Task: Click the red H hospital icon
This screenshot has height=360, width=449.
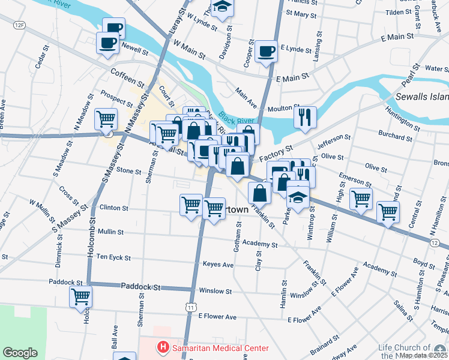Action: (161, 347)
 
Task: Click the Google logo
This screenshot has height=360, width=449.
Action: (20, 353)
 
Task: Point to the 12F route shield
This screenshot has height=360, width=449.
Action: (20, 25)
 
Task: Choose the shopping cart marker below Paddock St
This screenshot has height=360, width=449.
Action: (81, 296)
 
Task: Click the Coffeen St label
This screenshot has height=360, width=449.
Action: (127, 77)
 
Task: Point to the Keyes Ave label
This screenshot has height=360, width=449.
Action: (218, 264)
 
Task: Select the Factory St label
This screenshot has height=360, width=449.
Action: (276, 154)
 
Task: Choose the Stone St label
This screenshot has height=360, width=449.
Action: (128, 171)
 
